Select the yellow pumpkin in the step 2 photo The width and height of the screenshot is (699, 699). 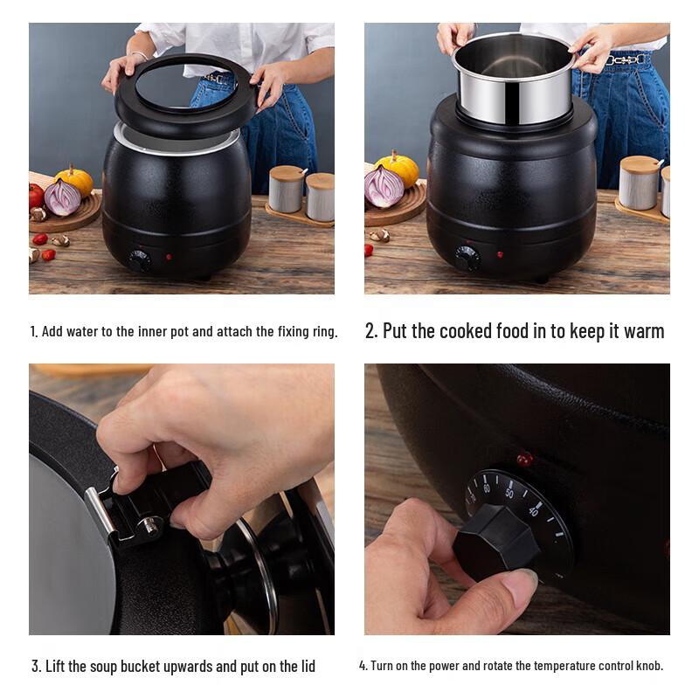398,168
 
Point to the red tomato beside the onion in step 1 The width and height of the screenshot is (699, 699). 36,195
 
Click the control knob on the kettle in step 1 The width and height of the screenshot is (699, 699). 139,260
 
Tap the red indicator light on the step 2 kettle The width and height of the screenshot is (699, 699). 500,255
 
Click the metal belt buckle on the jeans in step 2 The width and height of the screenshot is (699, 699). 626,59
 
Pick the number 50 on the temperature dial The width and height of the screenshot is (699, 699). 509,493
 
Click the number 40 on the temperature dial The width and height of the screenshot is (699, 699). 533,510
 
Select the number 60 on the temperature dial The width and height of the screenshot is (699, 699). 487,488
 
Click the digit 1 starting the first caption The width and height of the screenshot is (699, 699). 33,332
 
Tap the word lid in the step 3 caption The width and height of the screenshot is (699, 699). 303,667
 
